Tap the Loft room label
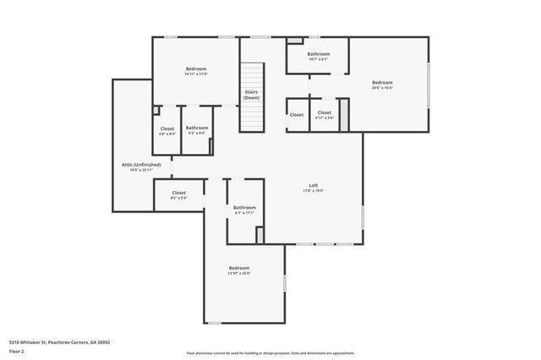coord(313,185)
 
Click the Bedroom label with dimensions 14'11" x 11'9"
coord(196,68)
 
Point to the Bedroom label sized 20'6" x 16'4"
coord(382,82)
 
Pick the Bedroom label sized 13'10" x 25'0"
coord(239,268)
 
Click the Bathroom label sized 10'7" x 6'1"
coord(319,54)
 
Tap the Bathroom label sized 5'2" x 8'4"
coord(197,128)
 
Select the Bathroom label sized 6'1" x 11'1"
coord(245,207)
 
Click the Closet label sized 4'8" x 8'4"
coord(167,128)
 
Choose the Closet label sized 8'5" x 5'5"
coord(179,193)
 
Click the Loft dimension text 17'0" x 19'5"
coord(313,191)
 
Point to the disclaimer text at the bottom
coord(270,353)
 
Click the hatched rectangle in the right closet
coord(344,115)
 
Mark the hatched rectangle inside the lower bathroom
coord(260,235)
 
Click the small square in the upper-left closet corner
coord(156,109)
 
